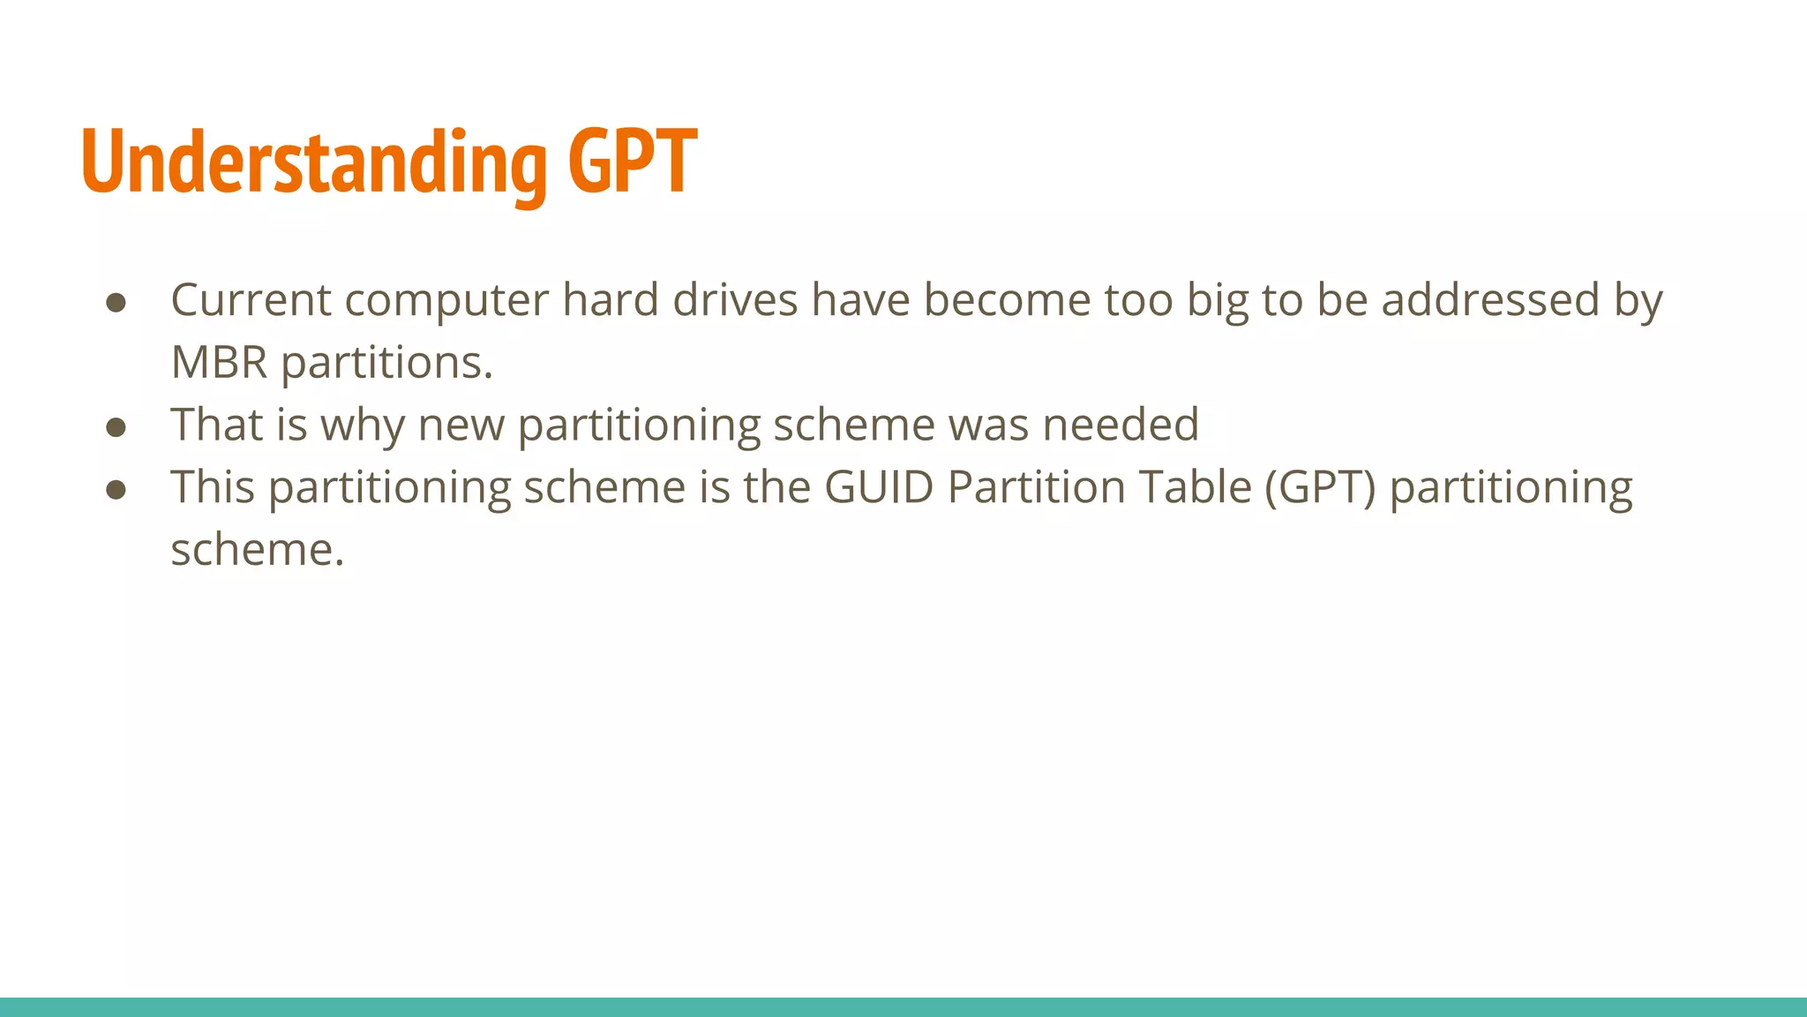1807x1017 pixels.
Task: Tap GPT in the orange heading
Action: tap(632, 162)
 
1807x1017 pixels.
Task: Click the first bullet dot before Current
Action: tap(116, 303)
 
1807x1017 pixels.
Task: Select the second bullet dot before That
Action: tap(116, 427)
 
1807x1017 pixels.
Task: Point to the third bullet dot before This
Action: tap(116, 490)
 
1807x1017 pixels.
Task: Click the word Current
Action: tap(251, 300)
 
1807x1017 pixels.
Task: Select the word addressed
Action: tap(1490, 300)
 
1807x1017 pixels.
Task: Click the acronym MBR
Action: tap(219, 363)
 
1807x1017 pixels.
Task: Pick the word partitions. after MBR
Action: tap(386, 363)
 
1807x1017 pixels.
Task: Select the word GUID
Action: tap(879, 487)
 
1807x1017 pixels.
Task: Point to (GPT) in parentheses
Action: tap(1320, 487)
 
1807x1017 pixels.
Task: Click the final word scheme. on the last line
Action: tap(257, 550)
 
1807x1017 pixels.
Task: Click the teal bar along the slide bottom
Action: tap(903, 1006)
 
